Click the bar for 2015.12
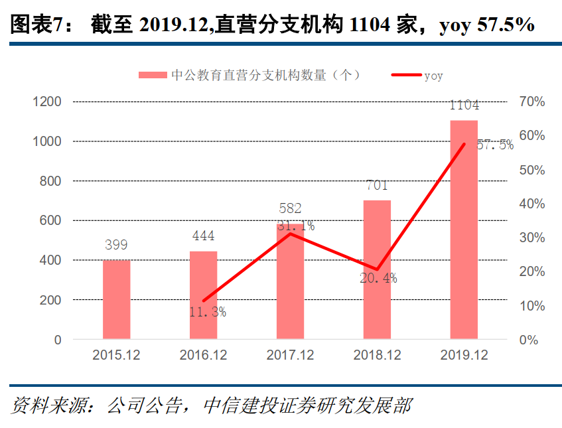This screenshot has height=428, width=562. [x=116, y=300]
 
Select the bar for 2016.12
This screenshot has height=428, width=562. [x=203, y=295]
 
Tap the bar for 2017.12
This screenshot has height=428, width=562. [x=290, y=282]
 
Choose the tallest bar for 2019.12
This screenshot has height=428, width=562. [x=464, y=230]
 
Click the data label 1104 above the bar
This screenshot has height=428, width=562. [x=464, y=106]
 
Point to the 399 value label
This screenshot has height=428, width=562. [x=116, y=245]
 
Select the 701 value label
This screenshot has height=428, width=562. [x=376, y=185]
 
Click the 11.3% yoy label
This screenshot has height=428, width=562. [x=208, y=311]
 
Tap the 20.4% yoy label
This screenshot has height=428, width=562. [x=378, y=279]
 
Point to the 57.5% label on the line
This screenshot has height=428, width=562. [x=495, y=145]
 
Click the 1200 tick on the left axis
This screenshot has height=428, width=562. [x=48, y=102]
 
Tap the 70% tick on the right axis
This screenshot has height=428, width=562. [x=532, y=102]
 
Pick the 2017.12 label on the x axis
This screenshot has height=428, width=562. [x=290, y=356]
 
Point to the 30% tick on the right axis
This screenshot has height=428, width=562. [x=532, y=238]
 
